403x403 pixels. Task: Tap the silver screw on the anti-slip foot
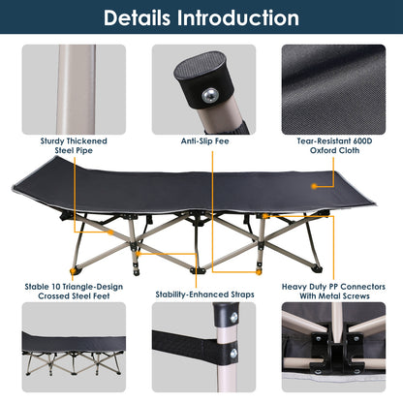(x=207, y=93)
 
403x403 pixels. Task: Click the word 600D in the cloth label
(x=356, y=139)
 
